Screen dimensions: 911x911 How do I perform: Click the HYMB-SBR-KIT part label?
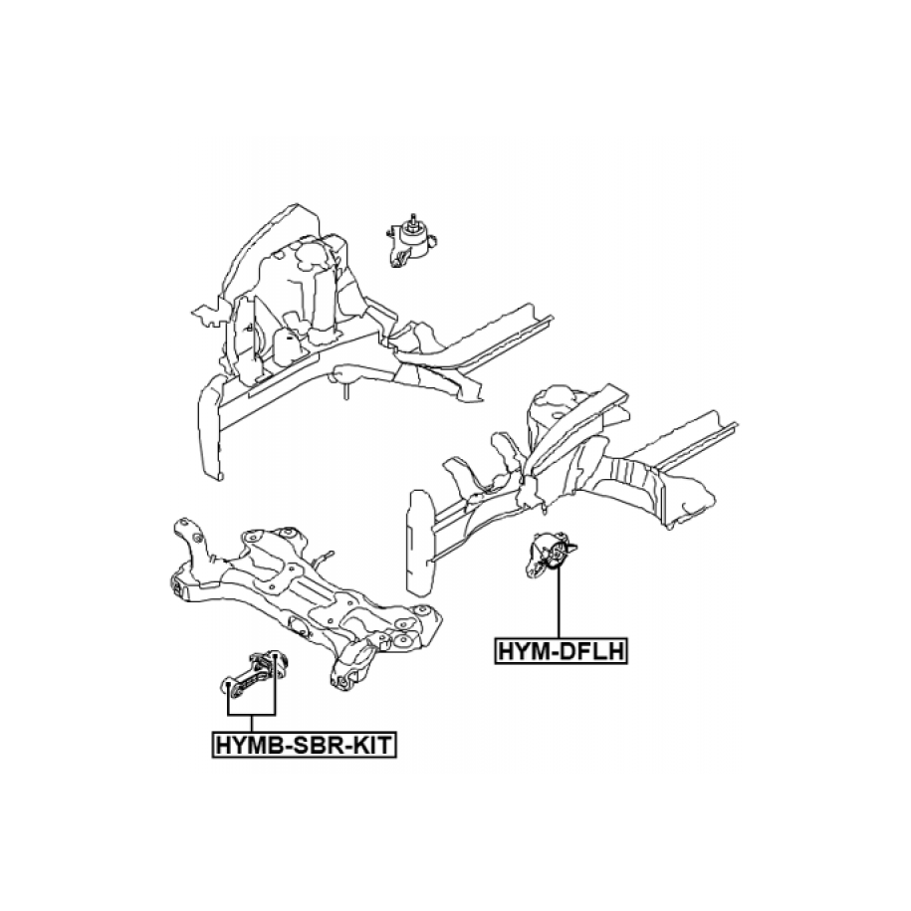coord(305,743)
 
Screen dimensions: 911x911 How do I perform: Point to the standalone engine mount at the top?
coord(409,243)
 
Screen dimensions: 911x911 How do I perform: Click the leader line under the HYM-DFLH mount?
coord(560,607)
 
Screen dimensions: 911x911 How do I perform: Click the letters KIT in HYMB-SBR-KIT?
coord(372,743)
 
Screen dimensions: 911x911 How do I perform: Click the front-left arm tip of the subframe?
coord(182,528)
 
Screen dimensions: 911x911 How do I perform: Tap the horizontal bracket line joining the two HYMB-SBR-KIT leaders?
coord(251,717)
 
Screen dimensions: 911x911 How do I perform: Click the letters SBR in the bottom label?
coord(316,743)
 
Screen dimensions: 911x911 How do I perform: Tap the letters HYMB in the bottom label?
coord(246,743)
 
